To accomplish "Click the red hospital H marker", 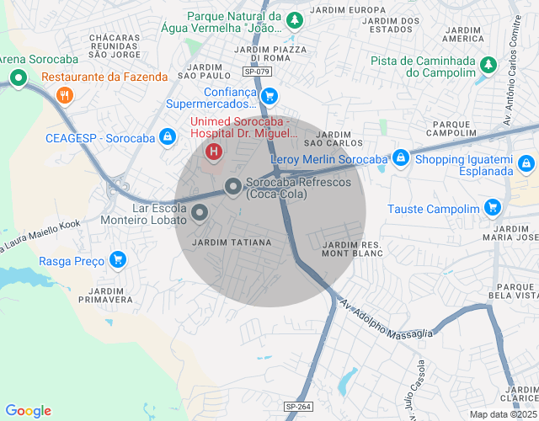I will [x=214, y=152].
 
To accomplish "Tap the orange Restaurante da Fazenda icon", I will [x=63, y=95].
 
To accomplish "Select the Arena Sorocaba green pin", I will [x=18, y=79].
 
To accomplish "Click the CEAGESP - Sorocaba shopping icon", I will [x=168, y=136].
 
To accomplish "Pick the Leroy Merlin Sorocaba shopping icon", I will [x=401, y=158].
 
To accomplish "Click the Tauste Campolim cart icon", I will [x=493, y=209].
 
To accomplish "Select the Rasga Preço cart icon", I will [x=118, y=259].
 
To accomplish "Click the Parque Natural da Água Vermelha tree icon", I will [x=294, y=19].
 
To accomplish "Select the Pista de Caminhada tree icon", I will [x=488, y=65].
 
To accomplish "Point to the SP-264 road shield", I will [x=298, y=407].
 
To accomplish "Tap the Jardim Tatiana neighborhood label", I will [x=232, y=242].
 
